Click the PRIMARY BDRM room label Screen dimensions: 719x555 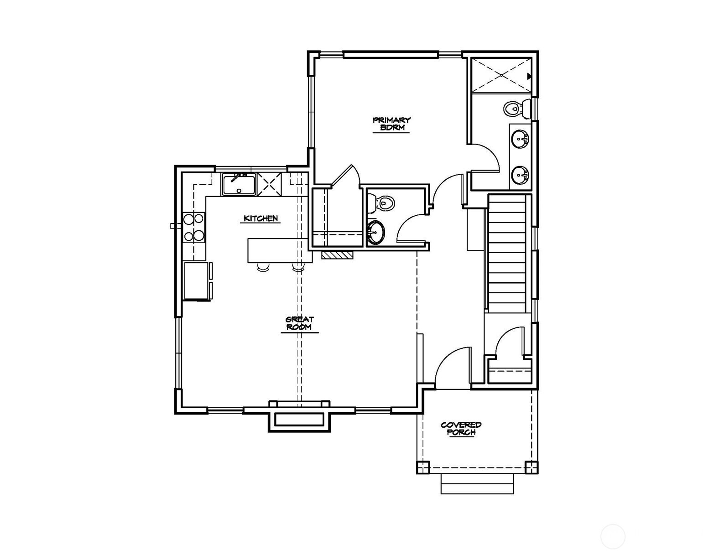[x=391, y=124]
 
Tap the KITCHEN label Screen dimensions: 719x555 [x=261, y=218]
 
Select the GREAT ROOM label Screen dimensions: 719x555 [x=299, y=323]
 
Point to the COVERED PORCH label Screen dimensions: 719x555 [x=461, y=429]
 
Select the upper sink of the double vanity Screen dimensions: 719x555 [x=521, y=140]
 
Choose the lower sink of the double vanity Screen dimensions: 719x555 [x=521, y=175]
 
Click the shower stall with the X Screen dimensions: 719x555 [x=502, y=75]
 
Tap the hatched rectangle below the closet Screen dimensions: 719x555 [x=338, y=254]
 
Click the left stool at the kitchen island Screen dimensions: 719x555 [x=263, y=267]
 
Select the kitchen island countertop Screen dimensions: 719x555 [x=280, y=251]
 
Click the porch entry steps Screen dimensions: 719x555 [x=478, y=484]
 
